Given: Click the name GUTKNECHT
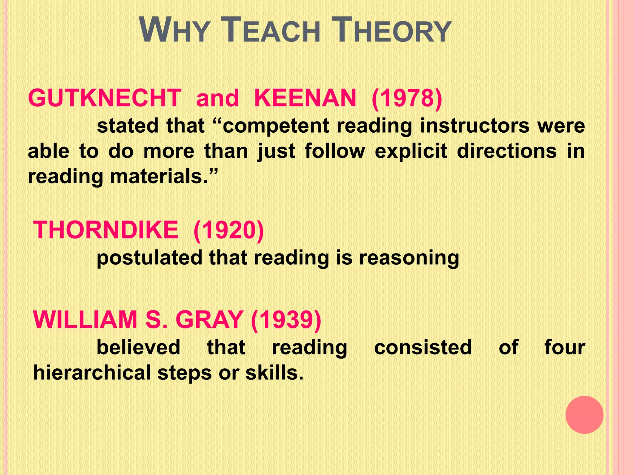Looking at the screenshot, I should [105, 98].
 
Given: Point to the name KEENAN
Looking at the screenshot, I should [305, 98].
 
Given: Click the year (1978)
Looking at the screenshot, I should [407, 98].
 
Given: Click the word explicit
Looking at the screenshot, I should [411, 152].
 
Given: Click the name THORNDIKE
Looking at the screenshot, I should [106, 230].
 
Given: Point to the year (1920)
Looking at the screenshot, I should [228, 230].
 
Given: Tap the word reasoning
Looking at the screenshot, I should [409, 258].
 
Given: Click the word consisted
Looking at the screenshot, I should [423, 347].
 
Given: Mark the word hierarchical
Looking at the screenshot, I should [92, 372].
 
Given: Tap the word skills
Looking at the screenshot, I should [274, 372].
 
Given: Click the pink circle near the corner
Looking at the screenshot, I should [584, 415].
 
